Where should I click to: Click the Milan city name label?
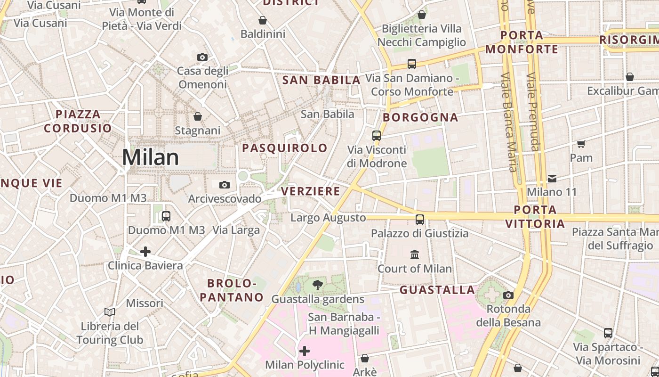(x=150, y=157)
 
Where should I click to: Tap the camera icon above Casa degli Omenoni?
(x=202, y=57)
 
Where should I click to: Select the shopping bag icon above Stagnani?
(x=198, y=116)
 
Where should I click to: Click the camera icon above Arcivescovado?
(x=225, y=185)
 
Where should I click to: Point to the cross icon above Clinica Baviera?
(x=145, y=251)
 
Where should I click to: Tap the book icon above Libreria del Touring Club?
(x=110, y=312)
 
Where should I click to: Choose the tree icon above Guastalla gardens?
(x=318, y=285)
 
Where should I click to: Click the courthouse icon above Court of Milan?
(x=415, y=254)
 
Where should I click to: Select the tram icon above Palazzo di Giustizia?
(x=419, y=219)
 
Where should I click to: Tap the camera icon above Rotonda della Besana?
(x=508, y=295)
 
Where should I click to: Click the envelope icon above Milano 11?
(x=552, y=178)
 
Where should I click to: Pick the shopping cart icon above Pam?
(x=581, y=143)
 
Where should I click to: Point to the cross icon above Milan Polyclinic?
(x=305, y=351)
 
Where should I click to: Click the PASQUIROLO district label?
(x=284, y=148)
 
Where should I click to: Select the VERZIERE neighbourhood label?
(x=310, y=191)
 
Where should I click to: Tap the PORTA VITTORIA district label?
(x=535, y=216)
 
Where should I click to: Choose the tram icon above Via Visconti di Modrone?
(x=377, y=136)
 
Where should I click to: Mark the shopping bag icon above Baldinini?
(x=263, y=20)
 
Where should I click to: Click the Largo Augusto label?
(x=328, y=218)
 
